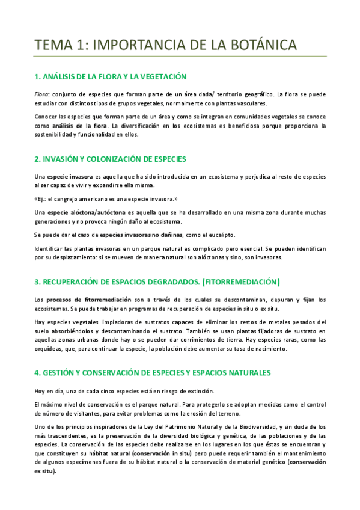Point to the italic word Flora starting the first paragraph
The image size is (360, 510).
pyautogui.click(x=42, y=94)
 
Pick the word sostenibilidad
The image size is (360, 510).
pyautogui.click(x=56, y=135)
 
